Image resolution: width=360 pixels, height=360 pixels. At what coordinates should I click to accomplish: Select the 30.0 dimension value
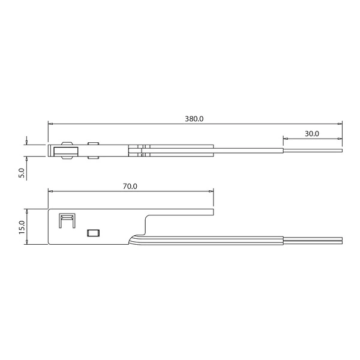[311, 133]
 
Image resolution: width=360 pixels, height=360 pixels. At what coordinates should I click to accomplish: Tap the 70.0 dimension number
[130, 187]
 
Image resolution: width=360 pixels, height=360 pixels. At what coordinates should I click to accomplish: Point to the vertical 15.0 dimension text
[22, 227]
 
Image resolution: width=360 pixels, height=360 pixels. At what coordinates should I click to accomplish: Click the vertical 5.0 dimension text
[22, 172]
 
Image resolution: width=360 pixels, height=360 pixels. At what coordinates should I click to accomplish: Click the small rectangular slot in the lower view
[94, 232]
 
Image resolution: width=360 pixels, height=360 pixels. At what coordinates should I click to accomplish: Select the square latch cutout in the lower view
[65, 220]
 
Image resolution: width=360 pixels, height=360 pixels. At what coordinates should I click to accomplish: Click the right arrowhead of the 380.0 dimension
[340, 124]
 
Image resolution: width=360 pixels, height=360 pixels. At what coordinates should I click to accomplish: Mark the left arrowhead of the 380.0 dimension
[50, 124]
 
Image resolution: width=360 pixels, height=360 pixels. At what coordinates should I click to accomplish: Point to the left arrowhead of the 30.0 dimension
[284, 139]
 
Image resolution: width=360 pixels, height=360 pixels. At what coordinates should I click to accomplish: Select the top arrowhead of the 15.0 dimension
[28, 211]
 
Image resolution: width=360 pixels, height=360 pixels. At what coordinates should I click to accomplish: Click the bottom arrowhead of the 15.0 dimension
[28, 242]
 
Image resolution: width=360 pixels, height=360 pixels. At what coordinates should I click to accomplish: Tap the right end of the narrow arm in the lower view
[213, 211]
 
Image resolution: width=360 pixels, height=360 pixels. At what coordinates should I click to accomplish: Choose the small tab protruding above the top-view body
[93, 143]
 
